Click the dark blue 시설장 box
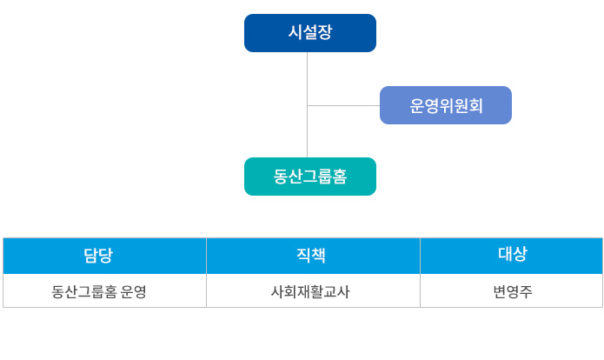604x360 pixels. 310,33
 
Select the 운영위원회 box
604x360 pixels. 446,105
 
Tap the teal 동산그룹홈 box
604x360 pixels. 310,177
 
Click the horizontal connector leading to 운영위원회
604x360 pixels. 343,105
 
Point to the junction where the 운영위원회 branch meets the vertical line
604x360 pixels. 308,105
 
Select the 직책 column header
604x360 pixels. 313,256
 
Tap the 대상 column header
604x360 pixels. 512,256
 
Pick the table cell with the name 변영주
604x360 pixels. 512,291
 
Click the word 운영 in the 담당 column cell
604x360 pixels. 134,291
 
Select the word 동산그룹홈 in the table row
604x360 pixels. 84,291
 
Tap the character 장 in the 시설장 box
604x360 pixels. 325,32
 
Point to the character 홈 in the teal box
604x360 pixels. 340,177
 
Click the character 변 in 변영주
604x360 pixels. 500,291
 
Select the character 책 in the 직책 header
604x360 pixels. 319,255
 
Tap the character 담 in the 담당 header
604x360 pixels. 90,255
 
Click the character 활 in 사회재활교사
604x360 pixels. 316,291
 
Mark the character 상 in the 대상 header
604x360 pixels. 520,254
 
